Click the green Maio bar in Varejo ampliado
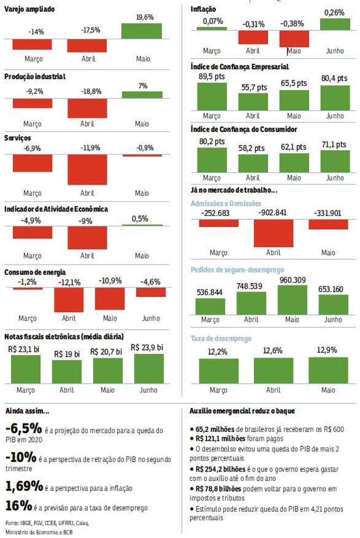click(x=142, y=31)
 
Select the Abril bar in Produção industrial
click(x=87, y=108)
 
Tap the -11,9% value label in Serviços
click(x=87, y=148)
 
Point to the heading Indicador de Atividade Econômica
click(x=56, y=209)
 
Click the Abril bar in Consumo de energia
click(x=68, y=300)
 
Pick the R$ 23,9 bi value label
click(x=148, y=347)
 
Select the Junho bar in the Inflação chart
click(x=335, y=24)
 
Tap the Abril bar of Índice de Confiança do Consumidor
click(x=253, y=162)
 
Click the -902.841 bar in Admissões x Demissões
click(x=273, y=233)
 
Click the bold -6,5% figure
click(x=24, y=428)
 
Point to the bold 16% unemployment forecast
click(x=18, y=506)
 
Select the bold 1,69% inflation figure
click(x=24, y=487)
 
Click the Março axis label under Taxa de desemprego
click(x=218, y=390)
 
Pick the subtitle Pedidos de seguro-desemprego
click(x=237, y=270)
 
